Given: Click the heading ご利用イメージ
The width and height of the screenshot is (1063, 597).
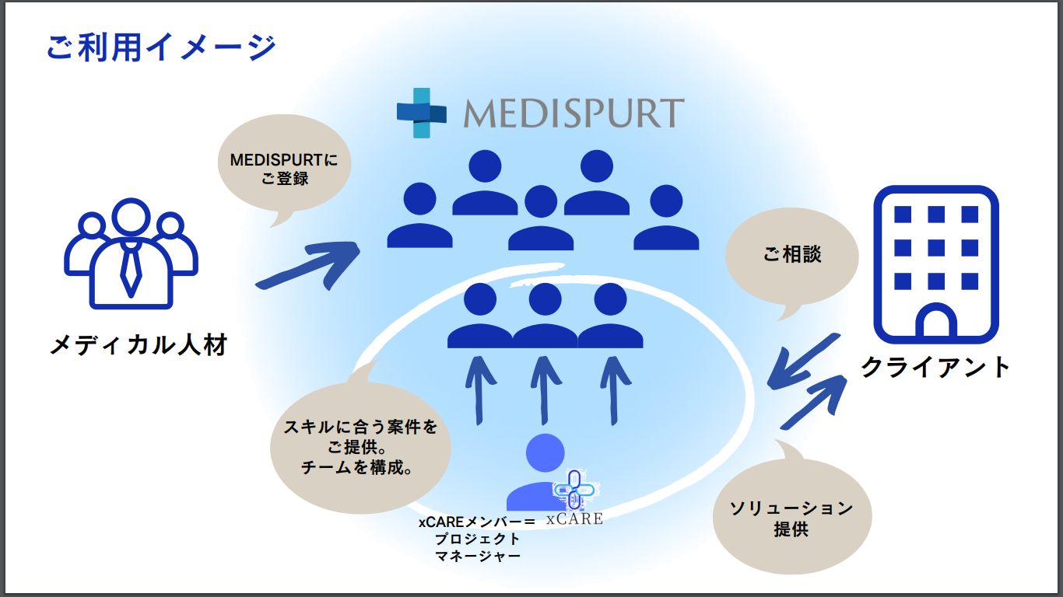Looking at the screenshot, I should point(161,47).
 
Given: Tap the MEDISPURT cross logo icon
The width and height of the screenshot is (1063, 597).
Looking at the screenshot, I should point(421,113).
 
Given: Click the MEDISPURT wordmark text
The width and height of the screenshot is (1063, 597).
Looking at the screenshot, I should point(574,113).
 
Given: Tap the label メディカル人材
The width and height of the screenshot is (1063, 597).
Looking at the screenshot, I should point(139,344).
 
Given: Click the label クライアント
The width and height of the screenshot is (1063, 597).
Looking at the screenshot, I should point(935,366).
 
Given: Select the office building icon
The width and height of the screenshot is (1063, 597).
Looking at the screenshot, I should point(935,264).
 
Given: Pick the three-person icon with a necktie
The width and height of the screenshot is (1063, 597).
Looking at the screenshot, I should point(130,253).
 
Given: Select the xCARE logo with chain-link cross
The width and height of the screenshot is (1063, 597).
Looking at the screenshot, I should point(574,498).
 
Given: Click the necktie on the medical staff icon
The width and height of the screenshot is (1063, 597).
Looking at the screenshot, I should point(130,268).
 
